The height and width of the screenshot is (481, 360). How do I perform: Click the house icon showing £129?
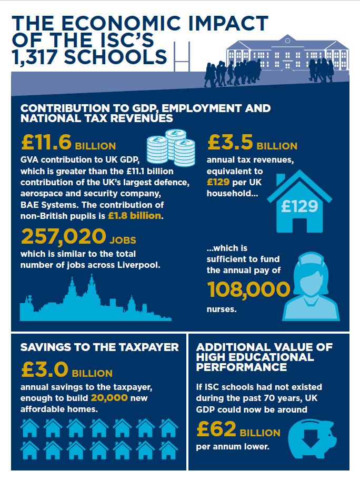(x=299, y=201)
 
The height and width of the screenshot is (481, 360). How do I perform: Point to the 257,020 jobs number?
(x=63, y=237)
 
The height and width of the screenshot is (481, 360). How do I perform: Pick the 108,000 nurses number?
(x=248, y=289)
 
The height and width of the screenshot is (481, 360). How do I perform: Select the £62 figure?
(x=216, y=430)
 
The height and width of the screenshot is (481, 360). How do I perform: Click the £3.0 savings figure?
(x=45, y=370)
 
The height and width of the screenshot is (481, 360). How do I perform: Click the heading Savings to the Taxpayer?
(x=99, y=347)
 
